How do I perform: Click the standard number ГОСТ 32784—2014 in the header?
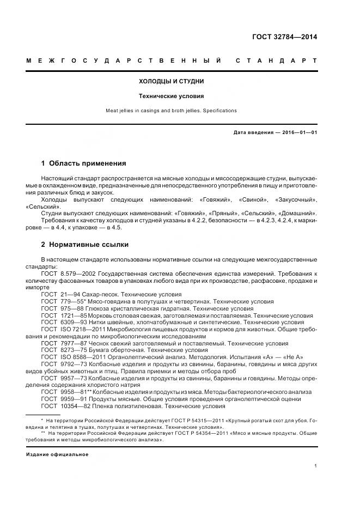[x=284, y=37]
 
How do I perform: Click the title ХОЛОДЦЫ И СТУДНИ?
[x=172, y=81]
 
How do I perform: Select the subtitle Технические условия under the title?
[x=172, y=96]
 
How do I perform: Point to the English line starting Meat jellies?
[x=172, y=111]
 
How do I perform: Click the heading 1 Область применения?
[x=84, y=163]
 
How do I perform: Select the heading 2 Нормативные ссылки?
[x=85, y=245]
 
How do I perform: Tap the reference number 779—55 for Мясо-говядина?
[x=71, y=301]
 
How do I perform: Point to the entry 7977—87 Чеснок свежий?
[x=109, y=344]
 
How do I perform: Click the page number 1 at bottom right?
[x=316, y=466]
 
